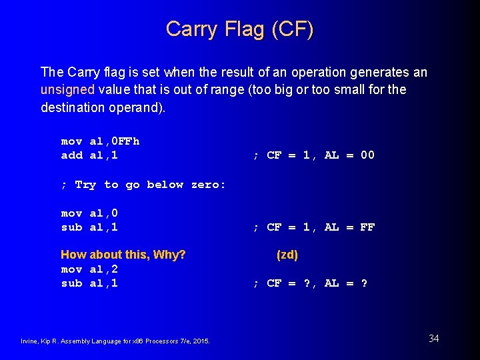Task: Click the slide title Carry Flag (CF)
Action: [239, 29]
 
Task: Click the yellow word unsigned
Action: [69, 89]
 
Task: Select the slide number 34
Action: [433, 339]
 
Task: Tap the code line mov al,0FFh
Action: [100, 141]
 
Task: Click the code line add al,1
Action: [89, 155]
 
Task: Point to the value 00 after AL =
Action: [367, 155]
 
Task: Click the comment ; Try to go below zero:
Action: [143, 185]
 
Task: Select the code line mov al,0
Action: [89, 213]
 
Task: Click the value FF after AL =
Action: [367, 227]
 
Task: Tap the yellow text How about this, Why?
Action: [123, 255]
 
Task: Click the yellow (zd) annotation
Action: [287, 255]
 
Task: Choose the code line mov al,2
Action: [89, 269]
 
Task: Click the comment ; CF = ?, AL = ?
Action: [310, 283]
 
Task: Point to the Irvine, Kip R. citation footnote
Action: [115, 341]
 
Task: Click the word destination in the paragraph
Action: [72, 107]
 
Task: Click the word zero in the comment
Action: [207, 185]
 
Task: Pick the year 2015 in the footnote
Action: [201, 341]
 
